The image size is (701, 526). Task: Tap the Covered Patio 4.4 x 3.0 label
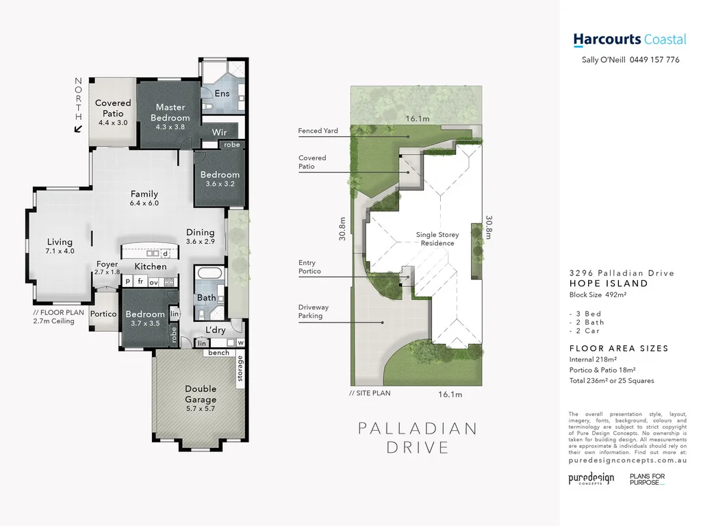(x=113, y=112)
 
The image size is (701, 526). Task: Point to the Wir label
(x=219, y=132)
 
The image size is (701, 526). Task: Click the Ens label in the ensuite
(x=222, y=93)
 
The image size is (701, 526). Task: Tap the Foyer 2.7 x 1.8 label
(x=107, y=268)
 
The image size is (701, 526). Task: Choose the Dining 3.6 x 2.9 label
(x=200, y=237)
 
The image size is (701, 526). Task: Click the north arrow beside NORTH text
(x=79, y=128)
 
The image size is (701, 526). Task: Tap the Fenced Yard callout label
(x=318, y=131)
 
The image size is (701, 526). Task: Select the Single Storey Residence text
(x=437, y=239)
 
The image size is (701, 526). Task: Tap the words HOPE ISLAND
(x=609, y=284)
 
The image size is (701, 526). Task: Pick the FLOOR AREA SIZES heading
(x=619, y=349)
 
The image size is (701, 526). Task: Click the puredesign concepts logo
(x=591, y=479)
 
